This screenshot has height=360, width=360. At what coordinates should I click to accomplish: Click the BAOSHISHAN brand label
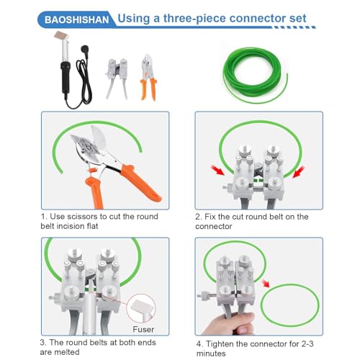(76, 19)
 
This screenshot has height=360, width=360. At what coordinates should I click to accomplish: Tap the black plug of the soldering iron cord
(85, 50)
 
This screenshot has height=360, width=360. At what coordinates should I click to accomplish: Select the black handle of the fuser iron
(66, 77)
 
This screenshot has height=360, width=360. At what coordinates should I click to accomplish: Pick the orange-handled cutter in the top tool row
(149, 77)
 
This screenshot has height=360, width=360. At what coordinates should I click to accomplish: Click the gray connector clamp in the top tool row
(117, 78)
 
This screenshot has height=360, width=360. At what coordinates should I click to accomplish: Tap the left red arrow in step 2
(217, 170)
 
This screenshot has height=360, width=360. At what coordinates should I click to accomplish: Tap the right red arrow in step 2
(299, 172)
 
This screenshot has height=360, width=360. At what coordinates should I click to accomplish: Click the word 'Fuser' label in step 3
(143, 329)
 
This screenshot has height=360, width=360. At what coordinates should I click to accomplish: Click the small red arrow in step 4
(266, 284)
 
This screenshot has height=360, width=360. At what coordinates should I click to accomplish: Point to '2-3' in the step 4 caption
(305, 343)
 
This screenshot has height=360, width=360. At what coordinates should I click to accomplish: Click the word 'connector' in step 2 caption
(214, 226)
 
